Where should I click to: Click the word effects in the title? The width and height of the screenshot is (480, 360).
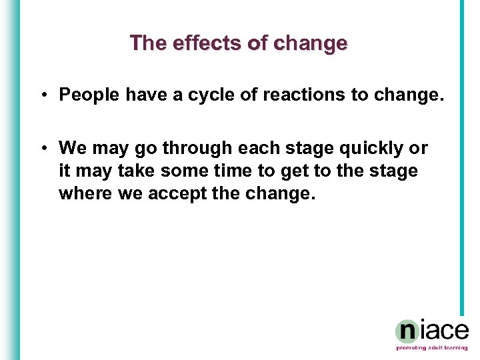198,43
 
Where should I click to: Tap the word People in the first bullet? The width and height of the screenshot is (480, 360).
89,95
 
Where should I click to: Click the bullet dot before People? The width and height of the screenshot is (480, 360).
42,95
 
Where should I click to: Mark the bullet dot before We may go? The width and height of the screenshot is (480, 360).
42,147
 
